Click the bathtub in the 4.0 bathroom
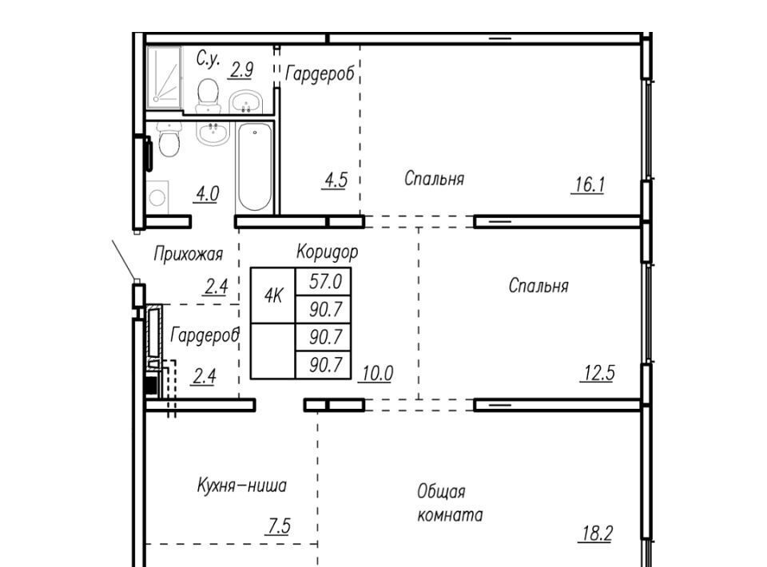click(x=254, y=167)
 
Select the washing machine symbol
click(x=157, y=197)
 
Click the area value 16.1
click(x=589, y=184)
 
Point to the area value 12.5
click(x=598, y=373)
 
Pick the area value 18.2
click(x=595, y=533)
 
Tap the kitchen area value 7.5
click(x=278, y=526)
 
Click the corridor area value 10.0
click(x=376, y=374)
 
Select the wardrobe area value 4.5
click(x=336, y=180)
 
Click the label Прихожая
click(x=189, y=254)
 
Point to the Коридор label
click(x=328, y=252)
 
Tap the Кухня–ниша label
click(x=241, y=486)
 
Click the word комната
click(x=450, y=515)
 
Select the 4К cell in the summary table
click(x=273, y=295)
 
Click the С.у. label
click(x=208, y=59)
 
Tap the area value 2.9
click(x=241, y=70)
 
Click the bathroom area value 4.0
click(x=207, y=193)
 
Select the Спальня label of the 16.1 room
click(x=434, y=178)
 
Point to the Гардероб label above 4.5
click(x=320, y=74)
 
